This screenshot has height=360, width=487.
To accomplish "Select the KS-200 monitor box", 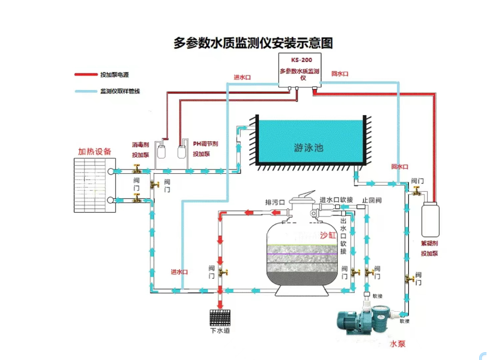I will tap(299, 70).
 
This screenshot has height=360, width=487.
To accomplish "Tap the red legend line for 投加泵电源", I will tap(85, 75).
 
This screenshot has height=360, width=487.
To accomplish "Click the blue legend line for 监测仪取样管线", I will tap(85, 91).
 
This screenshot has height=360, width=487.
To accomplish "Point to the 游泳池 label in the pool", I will tap(308, 147).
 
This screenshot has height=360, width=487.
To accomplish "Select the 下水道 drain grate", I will tap(220, 317).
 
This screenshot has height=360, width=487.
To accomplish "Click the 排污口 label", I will tap(275, 203).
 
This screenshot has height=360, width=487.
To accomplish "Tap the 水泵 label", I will tap(398, 344).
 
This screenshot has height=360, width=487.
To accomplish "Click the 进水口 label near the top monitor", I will tap(242, 77).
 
